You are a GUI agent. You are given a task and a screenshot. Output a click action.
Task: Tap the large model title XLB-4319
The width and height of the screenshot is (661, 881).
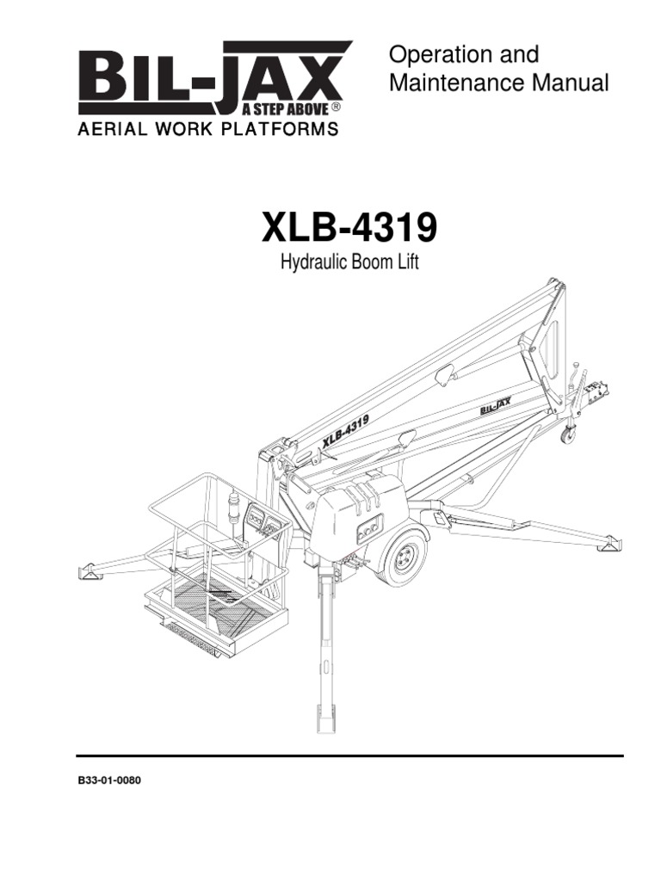click(349, 230)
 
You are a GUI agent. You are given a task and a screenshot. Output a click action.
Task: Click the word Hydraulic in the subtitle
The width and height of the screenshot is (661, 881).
click(315, 262)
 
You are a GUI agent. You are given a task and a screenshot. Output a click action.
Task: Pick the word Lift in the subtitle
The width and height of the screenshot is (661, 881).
click(407, 262)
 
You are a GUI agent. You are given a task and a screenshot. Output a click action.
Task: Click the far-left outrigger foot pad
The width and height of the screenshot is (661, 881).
click(89, 570)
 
